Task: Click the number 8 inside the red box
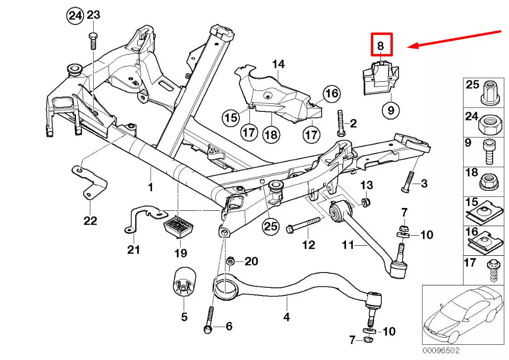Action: pos(380,45)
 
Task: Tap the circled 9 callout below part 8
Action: pos(391,110)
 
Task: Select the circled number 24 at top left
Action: pos(75,16)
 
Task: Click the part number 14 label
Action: pos(278,64)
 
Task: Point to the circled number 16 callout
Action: pos(331,94)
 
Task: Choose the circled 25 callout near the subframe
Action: pos(271,226)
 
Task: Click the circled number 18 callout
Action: pos(271,134)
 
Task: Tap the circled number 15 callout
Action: pos(231,117)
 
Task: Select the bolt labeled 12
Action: pos(303,225)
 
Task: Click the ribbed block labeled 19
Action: pos(178,227)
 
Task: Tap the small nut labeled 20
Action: pos(230,261)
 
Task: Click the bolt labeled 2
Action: pos(340,124)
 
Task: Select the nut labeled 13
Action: pos(366,202)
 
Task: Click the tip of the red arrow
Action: pos(408,47)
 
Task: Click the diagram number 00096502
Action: pos(441,350)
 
